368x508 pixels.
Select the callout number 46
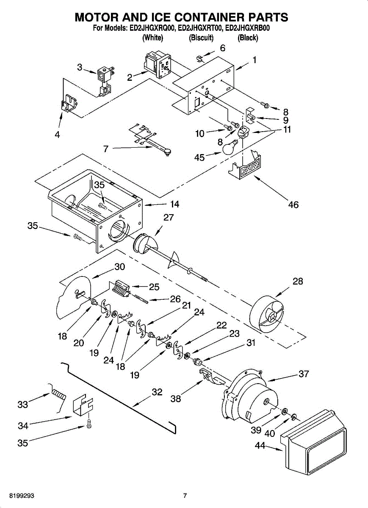[x=293, y=205]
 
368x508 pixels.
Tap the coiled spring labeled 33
[x=58, y=394]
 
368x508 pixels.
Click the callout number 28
[x=298, y=282]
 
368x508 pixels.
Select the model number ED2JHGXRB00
[x=248, y=29]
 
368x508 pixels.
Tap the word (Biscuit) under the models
[x=201, y=38]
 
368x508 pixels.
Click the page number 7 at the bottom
[x=185, y=496]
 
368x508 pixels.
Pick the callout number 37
[x=304, y=374]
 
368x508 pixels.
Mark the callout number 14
[x=174, y=204]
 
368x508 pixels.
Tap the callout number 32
[x=157, y=392]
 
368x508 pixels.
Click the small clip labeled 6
[x=202, y=56]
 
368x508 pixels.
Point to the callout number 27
[x=169, y=218]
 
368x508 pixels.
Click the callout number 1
[x=254, y=60]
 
